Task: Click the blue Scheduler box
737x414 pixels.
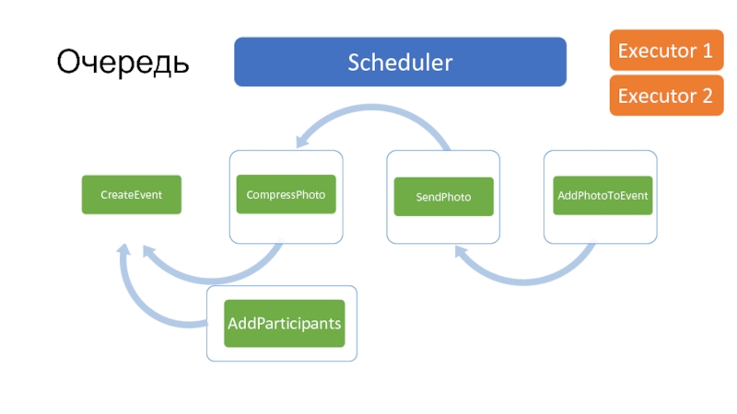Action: (400, 62)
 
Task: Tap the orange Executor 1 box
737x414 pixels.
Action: (666, 51)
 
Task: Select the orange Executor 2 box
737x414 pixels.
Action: (666, 96)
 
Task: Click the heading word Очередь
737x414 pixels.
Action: (123, 63)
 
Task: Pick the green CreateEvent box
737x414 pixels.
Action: (132, 195)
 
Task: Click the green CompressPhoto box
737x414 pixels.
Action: (287, 194)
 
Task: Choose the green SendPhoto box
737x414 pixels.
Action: (444, 197)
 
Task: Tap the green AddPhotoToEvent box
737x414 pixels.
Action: (602, 196)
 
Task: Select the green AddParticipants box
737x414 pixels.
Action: (285, 324)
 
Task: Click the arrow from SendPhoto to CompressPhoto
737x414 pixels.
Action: (371, 108)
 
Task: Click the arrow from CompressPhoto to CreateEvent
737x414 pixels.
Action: (212, 280)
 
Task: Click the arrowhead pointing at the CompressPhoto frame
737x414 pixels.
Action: (302, 140)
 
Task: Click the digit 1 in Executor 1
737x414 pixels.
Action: (708, 51)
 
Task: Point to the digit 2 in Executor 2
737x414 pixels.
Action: (708, 96)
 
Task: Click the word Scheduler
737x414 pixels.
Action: (400, 63)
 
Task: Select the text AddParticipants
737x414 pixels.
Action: (285, 324)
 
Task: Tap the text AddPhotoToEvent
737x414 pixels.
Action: (602, 196)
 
